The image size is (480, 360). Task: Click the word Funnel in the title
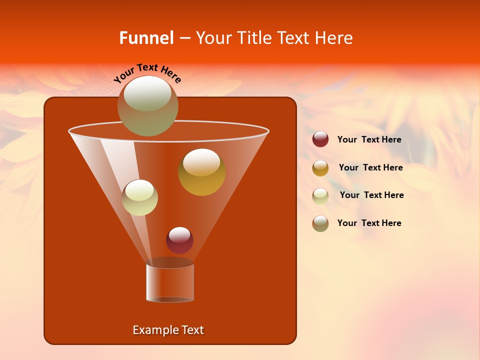(146, 38)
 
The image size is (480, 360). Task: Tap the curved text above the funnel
(147, 73)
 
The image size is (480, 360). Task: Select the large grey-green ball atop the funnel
(147, 106)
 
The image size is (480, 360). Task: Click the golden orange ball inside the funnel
(201, 172)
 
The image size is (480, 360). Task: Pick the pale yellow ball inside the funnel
(139, 197)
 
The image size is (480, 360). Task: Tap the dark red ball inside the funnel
(179, 240)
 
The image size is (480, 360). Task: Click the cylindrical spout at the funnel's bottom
(170, 282)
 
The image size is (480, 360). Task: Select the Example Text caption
(168, 330)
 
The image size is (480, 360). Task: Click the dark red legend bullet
(320, 139)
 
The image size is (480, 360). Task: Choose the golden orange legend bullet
(320, 168)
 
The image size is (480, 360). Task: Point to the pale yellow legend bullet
(320, 196)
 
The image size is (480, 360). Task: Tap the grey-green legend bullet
(320, 223)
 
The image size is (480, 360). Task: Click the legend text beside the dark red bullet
(369, 140)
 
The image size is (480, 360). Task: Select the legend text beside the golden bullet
(370, 168)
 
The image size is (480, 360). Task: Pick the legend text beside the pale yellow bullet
(371, 195)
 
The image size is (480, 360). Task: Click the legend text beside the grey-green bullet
(369, 223)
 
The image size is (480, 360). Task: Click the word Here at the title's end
(334, 38)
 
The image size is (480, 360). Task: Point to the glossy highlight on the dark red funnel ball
(179, 233)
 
